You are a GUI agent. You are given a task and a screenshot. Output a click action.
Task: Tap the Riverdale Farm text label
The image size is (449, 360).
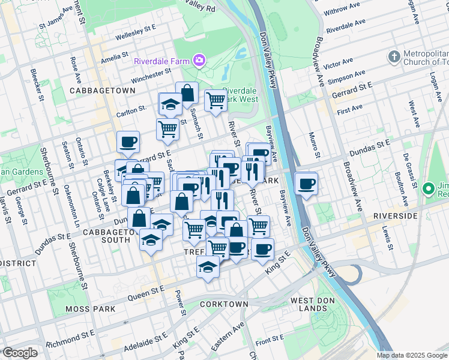click(x=161, y=61)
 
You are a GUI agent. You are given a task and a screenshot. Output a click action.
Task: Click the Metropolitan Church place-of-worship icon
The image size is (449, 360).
click(x=394, y=57)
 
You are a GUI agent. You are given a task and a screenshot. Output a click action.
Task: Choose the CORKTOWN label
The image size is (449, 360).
click(x=225, y=304)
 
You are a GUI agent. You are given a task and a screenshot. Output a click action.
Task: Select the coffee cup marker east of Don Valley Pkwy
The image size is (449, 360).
click(x=307, y=184)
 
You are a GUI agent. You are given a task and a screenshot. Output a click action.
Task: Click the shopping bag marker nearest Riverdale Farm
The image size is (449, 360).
click(x=187, y=93)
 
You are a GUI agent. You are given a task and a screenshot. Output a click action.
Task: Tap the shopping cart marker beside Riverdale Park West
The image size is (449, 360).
click(x=215, y=100)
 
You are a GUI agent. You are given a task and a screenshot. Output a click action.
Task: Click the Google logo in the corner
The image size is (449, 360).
click(x=20, y=353)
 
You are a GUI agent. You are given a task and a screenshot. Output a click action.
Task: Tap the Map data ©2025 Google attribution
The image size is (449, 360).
click(x=412, y=355)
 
